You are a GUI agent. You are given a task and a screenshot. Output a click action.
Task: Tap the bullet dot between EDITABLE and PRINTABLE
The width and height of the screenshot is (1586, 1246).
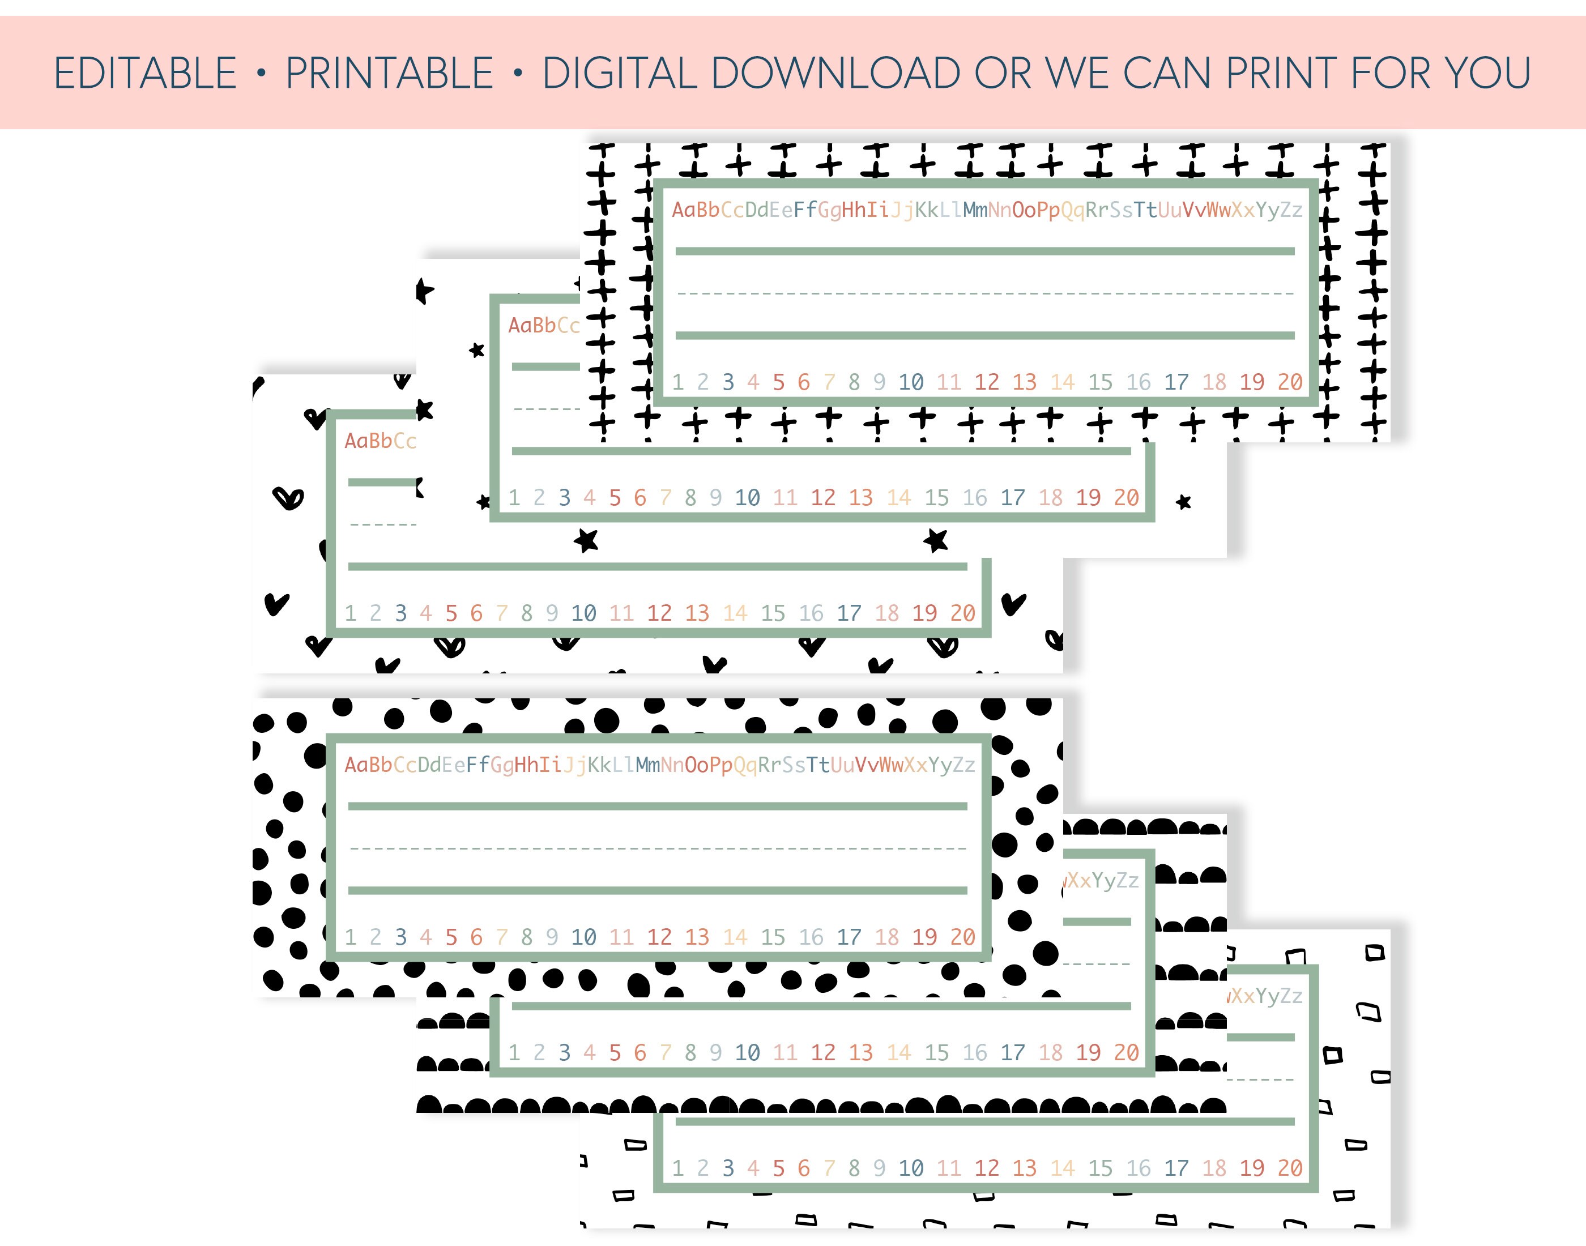click(261, 73)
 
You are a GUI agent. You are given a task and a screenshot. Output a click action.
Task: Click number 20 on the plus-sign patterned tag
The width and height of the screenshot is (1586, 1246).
click(1290, 382)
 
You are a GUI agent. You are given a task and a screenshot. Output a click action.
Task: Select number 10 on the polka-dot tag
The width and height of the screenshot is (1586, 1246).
click(583, 937)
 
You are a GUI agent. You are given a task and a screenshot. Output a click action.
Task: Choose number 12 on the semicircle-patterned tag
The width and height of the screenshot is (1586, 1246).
click(823, 1053)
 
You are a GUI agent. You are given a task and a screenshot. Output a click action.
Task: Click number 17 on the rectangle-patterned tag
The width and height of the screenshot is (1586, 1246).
click(1176, 1168)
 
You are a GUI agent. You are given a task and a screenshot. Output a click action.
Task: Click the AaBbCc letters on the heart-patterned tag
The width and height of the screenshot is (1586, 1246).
click(380, 441)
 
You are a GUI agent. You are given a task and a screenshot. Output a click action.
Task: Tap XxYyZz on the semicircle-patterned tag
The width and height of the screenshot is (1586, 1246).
click(1102, 881)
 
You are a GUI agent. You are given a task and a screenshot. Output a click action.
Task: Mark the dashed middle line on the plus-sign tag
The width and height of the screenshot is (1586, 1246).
click(985, 294)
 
